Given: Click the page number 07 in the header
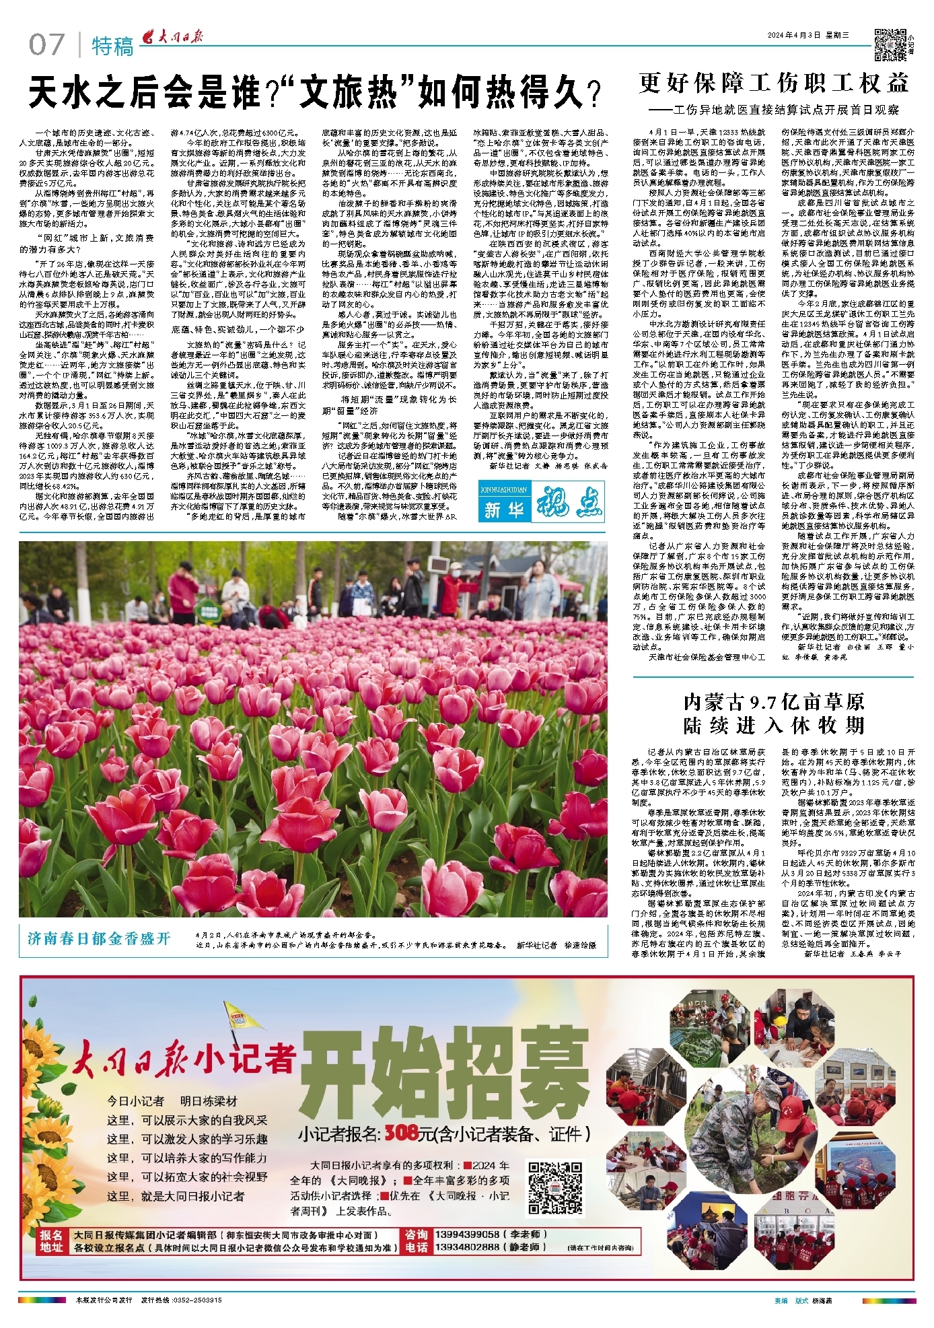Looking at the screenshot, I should click(46, 45).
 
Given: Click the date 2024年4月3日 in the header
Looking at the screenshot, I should click(799, 36).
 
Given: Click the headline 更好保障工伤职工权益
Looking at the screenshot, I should click(774, 83).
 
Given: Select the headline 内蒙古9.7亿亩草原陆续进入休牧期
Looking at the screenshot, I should click(774, 713).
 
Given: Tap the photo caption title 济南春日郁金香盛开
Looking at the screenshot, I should click(99, 938).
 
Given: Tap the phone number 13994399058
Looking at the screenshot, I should click(468, 1234).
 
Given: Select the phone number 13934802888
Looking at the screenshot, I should click(468, 1247).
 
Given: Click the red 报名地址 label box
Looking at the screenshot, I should click(51, 1240).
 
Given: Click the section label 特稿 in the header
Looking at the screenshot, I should click(112, 46).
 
